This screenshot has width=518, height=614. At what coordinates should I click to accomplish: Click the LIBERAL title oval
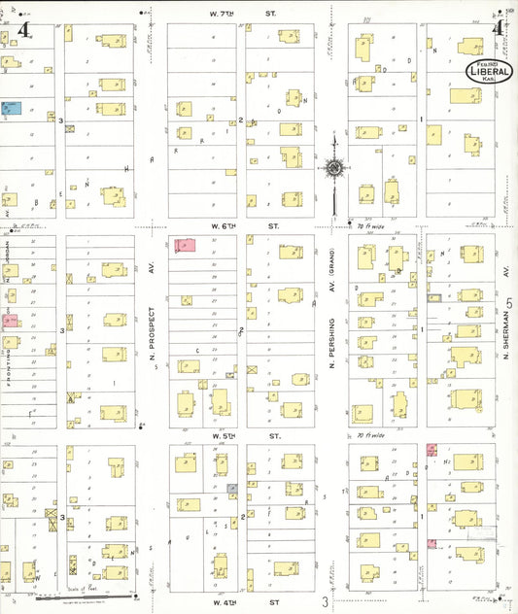pos(491,70)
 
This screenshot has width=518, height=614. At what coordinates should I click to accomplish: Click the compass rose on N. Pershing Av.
pos(333,168)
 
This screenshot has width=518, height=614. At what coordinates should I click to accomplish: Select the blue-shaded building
pos(13,109)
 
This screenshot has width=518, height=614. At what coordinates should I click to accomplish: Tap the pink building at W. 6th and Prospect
pos(184,246)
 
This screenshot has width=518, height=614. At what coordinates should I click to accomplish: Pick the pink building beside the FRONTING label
pos(10,320)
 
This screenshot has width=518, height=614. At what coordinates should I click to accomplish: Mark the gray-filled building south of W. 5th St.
pos(232,490)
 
